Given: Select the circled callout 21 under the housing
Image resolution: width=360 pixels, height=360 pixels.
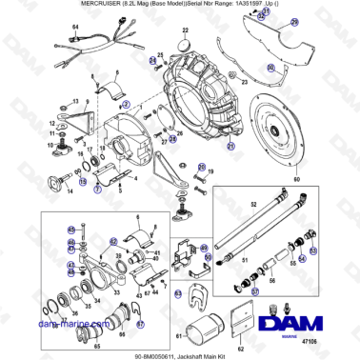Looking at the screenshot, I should [x=230, y=148].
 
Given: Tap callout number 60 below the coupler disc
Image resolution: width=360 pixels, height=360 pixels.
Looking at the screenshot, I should [x=295, y=179].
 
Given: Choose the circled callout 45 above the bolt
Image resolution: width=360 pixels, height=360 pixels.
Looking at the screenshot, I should [x=70, y=229].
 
